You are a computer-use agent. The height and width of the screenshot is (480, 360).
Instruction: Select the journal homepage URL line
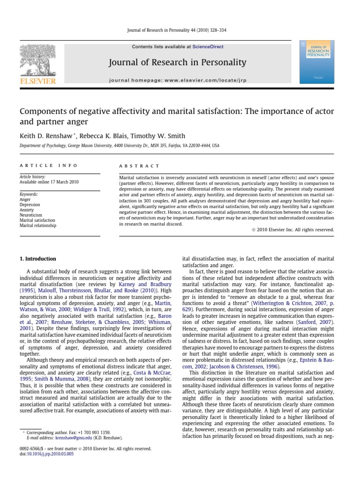tap(177, 80)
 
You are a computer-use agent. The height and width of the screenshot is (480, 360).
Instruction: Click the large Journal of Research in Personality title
tap(177, 62)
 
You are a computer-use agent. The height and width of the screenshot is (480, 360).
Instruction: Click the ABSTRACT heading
tap(139, 166)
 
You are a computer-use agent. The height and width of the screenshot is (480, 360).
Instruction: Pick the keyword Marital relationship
tap(37, 225)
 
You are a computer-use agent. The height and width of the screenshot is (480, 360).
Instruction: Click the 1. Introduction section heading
tap(37, 259)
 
